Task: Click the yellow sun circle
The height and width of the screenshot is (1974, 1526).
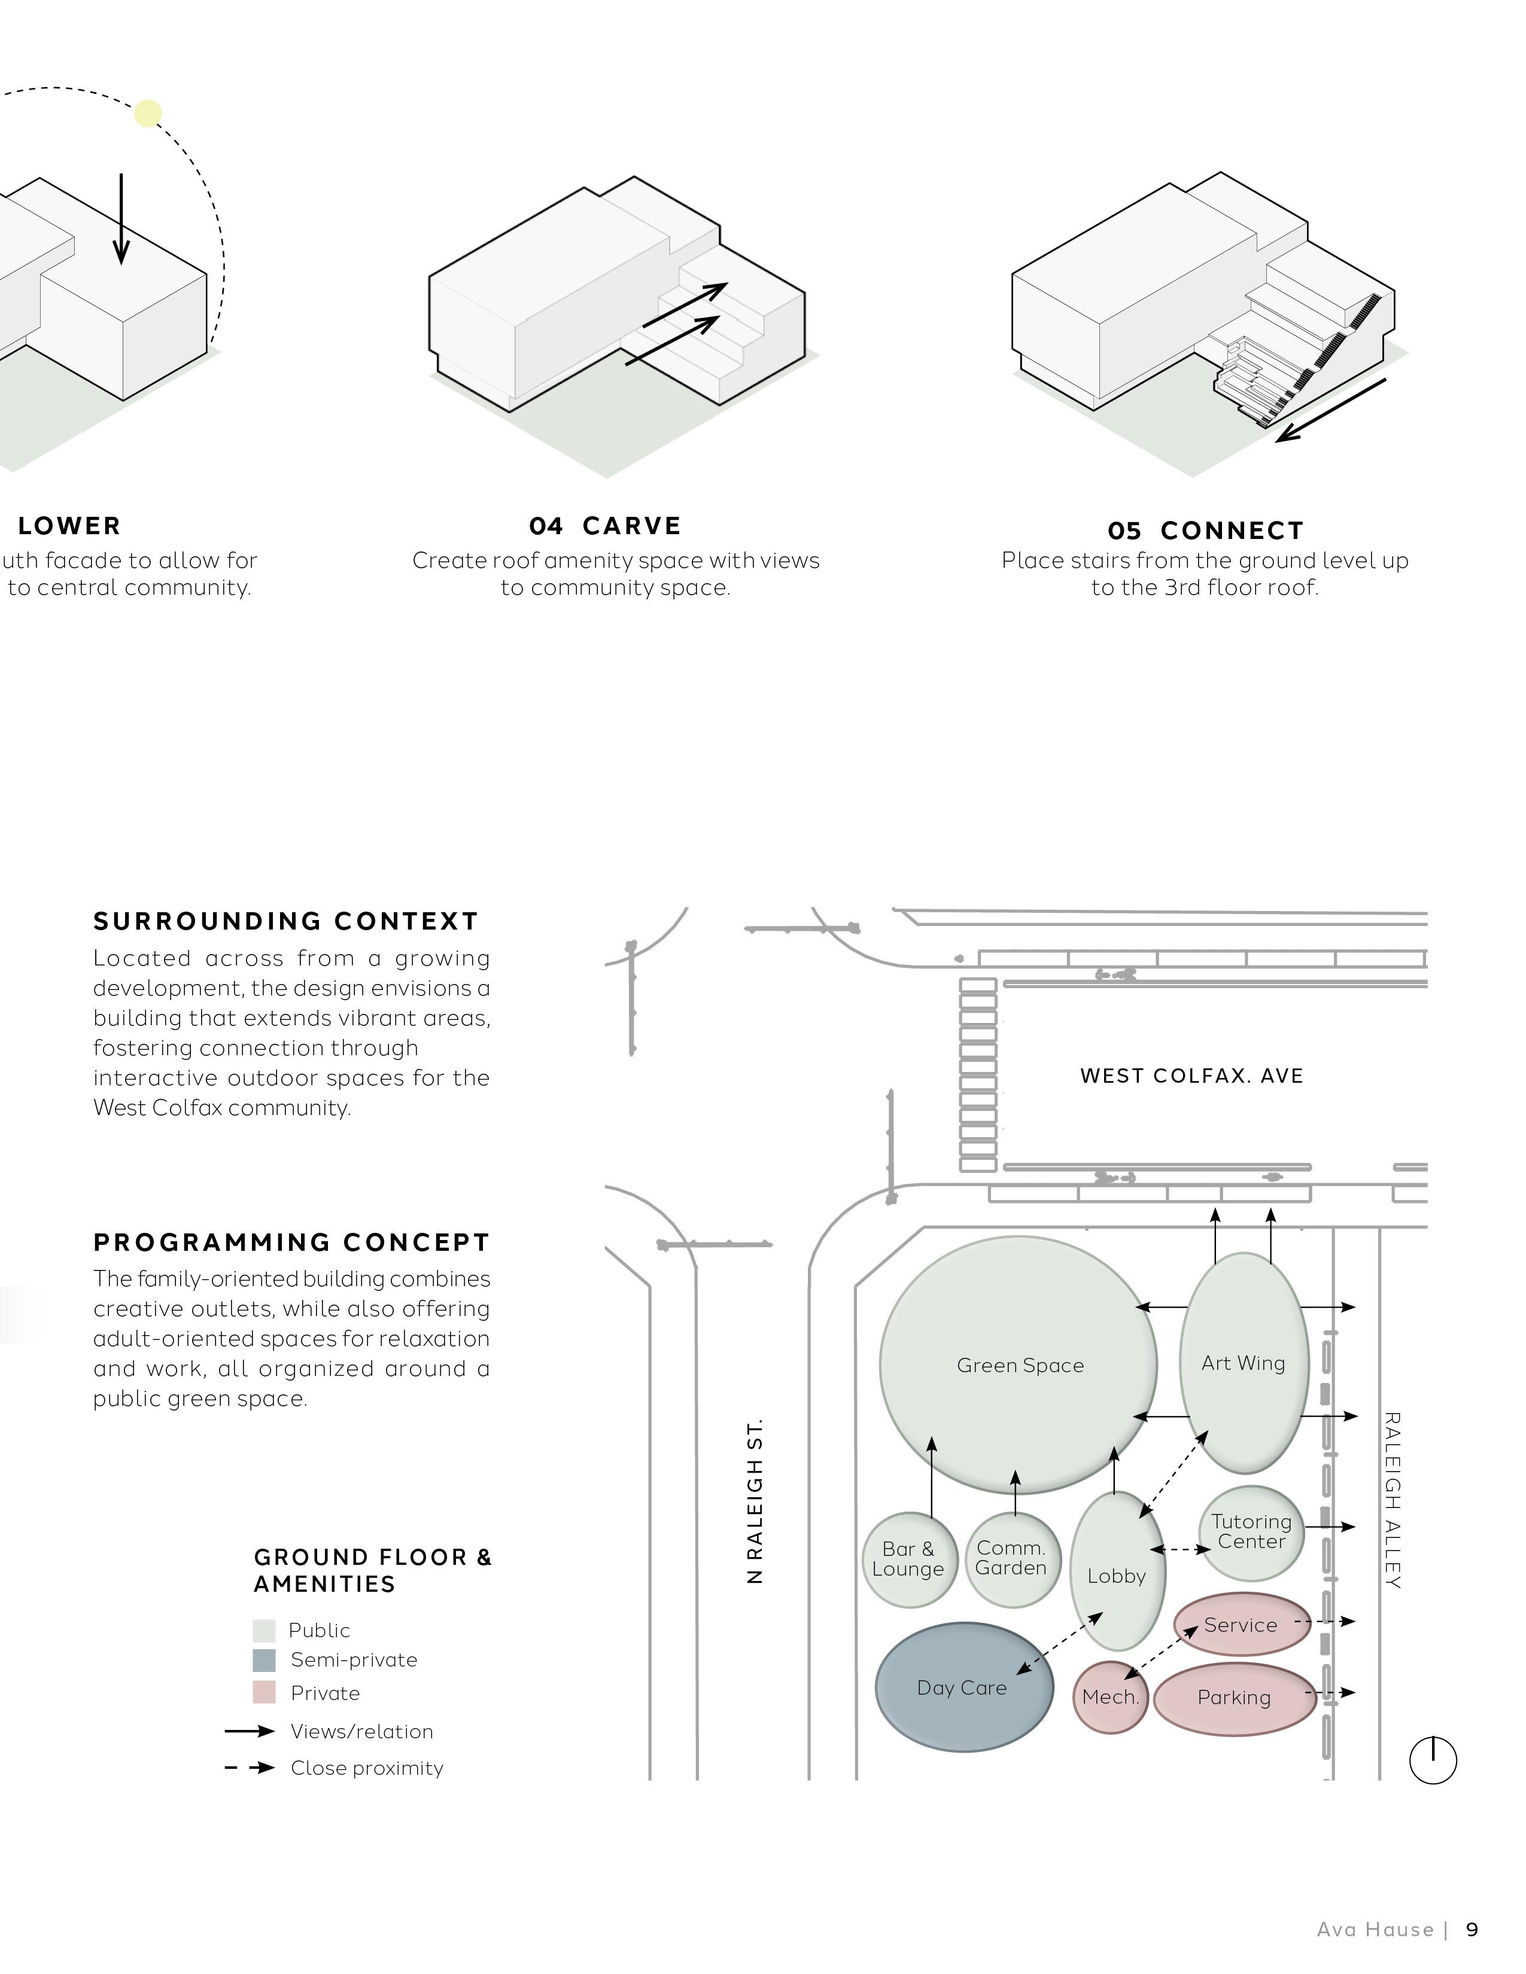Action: (148, 114)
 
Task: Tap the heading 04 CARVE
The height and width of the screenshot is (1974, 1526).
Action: (605, 526)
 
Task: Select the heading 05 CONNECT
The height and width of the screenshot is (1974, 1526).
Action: (1205, 531)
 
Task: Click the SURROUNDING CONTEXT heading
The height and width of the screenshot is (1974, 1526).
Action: (285, 921)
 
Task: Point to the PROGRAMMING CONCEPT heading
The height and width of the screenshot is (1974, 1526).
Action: (291, 1243)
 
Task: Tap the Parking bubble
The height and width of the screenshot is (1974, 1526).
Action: (1234, 1698)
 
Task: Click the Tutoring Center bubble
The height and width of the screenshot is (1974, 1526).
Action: (1251, 1532)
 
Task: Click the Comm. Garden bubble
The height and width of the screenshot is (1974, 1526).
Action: (1011, 1558)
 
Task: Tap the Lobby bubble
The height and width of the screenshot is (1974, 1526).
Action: (1117, 1576)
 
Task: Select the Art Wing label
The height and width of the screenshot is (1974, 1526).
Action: (1243, 1364)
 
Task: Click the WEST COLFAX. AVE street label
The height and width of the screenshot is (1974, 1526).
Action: (1191, 1076)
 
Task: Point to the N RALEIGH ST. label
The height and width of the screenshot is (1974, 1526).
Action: (756, 1500)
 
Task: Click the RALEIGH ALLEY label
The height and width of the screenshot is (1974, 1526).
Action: (1392, 1500)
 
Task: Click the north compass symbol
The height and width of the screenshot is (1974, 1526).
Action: (1433, 1760)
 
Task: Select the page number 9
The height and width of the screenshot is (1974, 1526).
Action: (1472, 1930)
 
